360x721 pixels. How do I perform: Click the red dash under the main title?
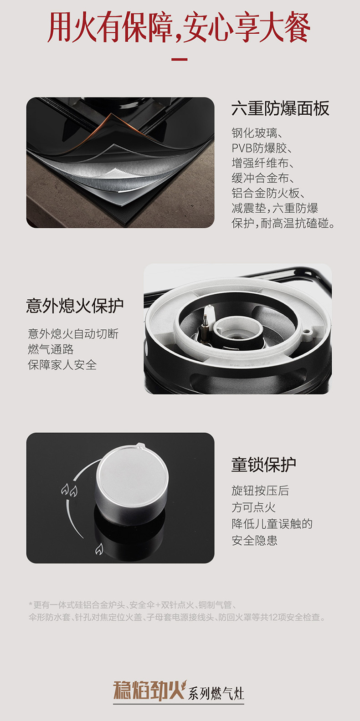click(180, 59)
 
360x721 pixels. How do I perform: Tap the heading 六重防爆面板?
click(280, 108)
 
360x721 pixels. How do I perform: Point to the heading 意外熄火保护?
click(75, 306)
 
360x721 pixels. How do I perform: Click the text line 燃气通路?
click(51, 349)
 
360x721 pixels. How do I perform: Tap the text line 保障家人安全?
click(62, 365)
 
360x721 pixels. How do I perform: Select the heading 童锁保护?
click(264, 465)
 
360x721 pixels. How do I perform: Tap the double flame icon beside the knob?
click(69, 490)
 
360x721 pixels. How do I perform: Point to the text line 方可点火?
click(254, 507)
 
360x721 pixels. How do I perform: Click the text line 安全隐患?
click(254, 540)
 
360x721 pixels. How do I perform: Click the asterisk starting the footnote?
click(31, 604)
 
